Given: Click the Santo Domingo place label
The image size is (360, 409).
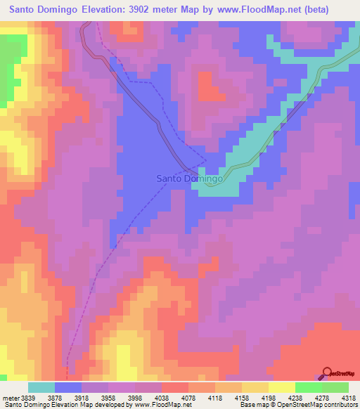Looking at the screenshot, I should (188, 179).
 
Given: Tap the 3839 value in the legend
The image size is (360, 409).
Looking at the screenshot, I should (26, 398).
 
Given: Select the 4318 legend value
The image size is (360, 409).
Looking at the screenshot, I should (349, 398).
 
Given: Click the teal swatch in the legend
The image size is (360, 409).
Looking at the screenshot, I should (41, 387).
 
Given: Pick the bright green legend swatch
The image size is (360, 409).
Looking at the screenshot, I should (308, 387).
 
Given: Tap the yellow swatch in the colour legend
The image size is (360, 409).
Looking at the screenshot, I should (281, 387).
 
